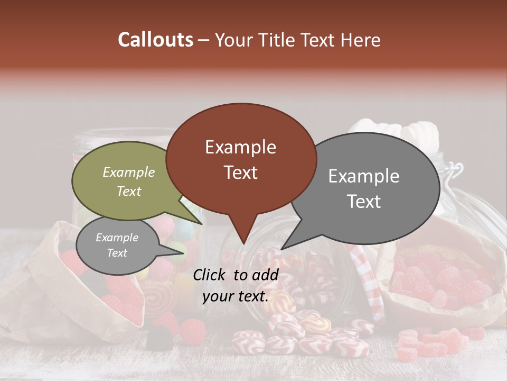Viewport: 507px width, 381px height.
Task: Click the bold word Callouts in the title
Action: tap(155, 40)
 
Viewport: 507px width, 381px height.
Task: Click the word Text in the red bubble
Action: tap(240, 172)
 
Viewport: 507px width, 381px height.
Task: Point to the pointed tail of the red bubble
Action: tap(243, 243)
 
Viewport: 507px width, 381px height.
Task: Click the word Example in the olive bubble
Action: tap(128, 172)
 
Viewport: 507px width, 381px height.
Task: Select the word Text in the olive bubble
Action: tap(128, 191)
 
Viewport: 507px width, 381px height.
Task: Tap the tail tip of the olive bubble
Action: tap(201, 224)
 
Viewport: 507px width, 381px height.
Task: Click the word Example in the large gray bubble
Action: tap(363, 176)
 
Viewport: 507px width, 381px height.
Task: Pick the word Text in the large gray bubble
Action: tap(363, 201)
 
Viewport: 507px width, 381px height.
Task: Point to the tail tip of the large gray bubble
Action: tap(281, 249)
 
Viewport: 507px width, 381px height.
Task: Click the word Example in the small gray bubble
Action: tap(117, 238)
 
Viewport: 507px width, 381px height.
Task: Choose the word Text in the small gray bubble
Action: tap(117, 253)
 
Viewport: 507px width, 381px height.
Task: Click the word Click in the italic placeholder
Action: tap(210, 275)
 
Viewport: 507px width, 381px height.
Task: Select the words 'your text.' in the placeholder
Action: tap(236, 296)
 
